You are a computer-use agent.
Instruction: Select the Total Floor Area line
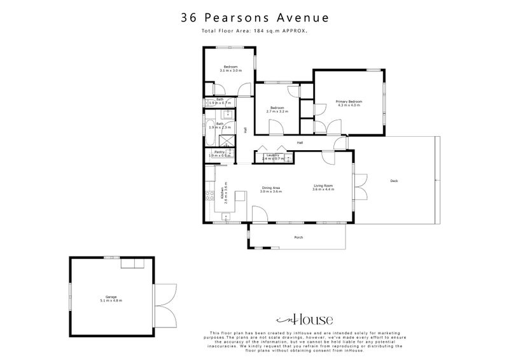[x=254, y=30]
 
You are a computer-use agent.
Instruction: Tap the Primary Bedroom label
[x=349, y=103]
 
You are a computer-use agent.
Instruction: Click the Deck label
[x=394, y=181]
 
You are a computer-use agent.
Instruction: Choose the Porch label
[x=298, y=237]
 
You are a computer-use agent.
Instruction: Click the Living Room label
[x=323, y=188]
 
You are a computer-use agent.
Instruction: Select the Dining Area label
[x=272, y=189]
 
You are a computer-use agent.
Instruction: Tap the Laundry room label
[x=275, y=156]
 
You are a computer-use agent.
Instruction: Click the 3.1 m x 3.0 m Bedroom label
[x=230, y=69]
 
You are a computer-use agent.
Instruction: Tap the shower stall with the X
[x=226, y=141]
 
